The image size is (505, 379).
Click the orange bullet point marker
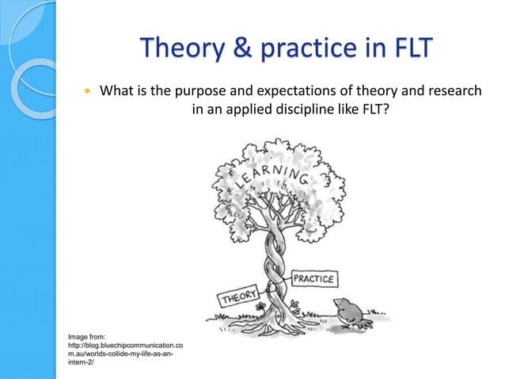point(88,92)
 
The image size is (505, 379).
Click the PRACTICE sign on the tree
point(315,279)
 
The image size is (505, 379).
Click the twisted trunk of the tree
point(271,254)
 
